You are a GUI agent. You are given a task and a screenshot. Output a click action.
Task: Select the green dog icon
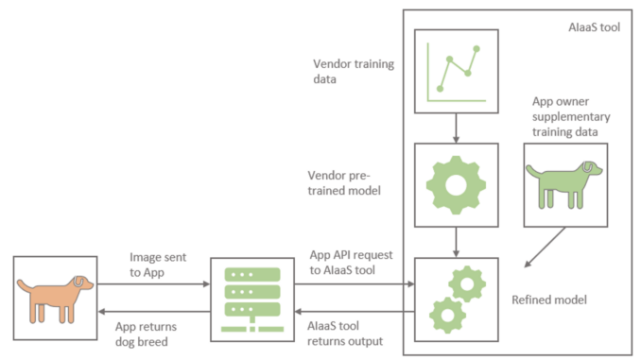click(564, 182)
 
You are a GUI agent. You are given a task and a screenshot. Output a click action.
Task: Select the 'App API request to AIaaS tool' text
click(352, 263)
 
